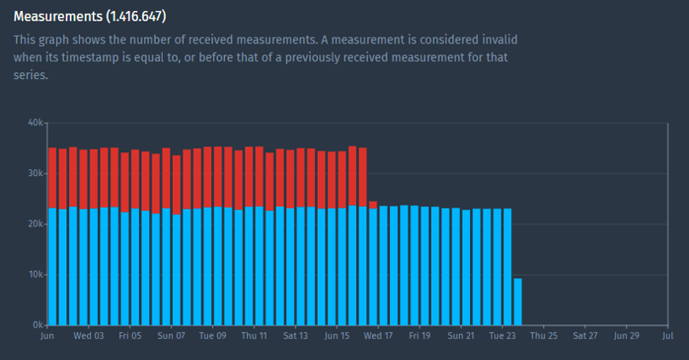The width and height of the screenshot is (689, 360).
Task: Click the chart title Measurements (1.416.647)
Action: pyautogui.click(x=89, y=16)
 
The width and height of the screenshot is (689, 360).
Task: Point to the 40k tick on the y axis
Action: pyautogui.click(x=35, y=123)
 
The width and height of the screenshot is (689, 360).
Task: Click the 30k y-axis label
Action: pyautogui.click(x=35, y=173)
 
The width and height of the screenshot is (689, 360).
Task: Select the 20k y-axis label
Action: pyautogui.click(x=35, y=224)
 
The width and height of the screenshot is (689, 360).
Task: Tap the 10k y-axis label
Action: pyautogui.click(x=35, y=275)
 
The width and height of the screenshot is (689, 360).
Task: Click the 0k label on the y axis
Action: pyautogui.click(x=37, y=325)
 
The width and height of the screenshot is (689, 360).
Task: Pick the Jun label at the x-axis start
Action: pyautogui.click(x=47, y=336)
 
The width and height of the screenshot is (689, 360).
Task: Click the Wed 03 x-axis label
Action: pyautogui.click(x=89, y=336)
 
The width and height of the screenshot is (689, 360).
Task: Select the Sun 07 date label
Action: pyautogui.click(x=171, y=336)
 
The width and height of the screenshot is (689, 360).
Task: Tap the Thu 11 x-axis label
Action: pyautogui.click(x=254, y=336)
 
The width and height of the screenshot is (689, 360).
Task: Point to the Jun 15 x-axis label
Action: pyautogui.click(x=336, y=336)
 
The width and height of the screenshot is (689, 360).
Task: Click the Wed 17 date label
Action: pyautogui.click(x=378, y=336)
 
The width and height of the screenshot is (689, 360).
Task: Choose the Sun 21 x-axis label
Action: pyautogui.click(x=461, y=336)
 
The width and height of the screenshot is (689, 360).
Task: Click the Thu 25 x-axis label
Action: pyautogui.click(x=543, y=336)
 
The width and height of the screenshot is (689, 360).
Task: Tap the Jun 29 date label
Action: pyautogui.click(x=626, y=336)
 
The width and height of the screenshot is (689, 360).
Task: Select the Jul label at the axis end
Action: pyautogui.click(x=667, y=336)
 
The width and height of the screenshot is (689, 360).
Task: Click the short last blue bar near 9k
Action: pyautogui.click(x=518, y=302)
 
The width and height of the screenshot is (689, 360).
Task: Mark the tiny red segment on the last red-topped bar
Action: pyautogui.click(x=373, y=204)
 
